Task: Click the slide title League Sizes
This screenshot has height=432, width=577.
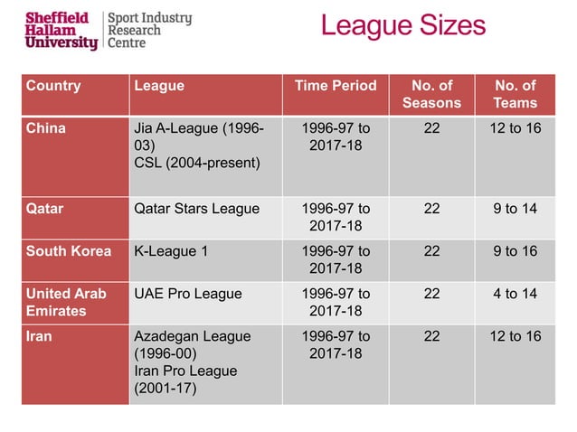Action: (402, 26)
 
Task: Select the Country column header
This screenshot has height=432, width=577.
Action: (53, 87)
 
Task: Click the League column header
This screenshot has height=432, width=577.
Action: (159, 87)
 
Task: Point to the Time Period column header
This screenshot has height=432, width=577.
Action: (336, 87)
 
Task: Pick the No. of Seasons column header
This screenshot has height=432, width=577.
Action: (431, 95)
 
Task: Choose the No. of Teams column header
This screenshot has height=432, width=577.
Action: (516, 95)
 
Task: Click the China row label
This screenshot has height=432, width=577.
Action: (46, 128)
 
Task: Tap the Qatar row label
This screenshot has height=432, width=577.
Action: (45, 209)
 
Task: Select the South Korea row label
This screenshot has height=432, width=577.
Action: (69, 251)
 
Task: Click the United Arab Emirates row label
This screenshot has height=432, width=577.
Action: (66, 302)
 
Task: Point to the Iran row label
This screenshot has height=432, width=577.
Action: (39, 336)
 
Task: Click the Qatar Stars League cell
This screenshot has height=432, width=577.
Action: (196, 209)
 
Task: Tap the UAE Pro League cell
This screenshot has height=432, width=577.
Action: (188, 294)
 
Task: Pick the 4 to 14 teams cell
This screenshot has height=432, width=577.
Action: (516, 294)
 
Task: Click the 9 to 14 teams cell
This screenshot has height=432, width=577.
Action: (516, 209)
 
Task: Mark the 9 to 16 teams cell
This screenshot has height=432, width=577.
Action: (516, 251)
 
